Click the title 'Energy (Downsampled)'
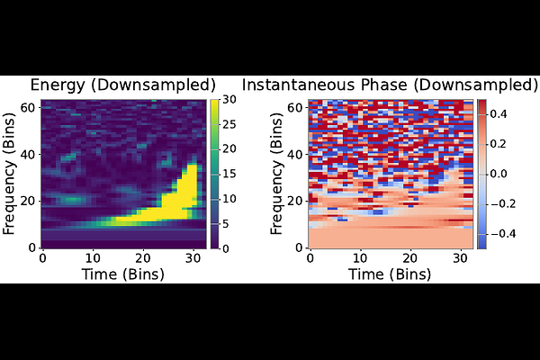coord(123,85)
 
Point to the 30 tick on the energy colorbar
coord(229,99)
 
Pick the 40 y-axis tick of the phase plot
coord(294,154)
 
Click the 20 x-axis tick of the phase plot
coord(409,257)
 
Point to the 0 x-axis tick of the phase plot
coord(310,257)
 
